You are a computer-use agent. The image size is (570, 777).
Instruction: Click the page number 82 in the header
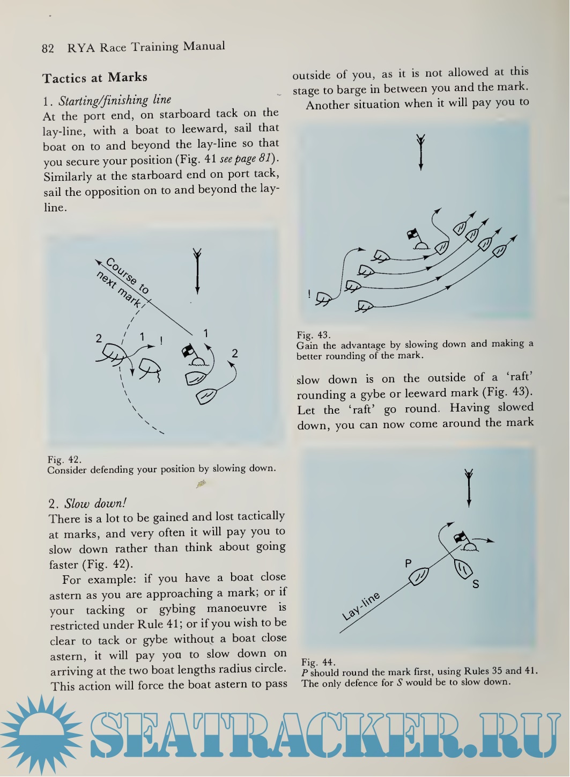coord(48,48)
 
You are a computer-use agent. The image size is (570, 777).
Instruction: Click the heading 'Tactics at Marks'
coord(95,78)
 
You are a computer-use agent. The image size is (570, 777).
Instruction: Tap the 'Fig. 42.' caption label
coord(64,459)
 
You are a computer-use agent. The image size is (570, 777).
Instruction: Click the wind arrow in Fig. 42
coord(197,271)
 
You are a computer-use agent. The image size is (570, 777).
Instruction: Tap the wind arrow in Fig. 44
coord(469,487)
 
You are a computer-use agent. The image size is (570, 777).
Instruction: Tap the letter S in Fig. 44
coord(476,584)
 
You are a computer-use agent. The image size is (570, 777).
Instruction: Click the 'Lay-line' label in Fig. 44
coord(361,606)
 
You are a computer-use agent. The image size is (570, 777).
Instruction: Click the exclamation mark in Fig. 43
coord(309,294)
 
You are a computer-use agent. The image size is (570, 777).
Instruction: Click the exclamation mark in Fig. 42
coord(161,340)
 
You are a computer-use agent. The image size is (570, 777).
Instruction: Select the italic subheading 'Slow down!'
coord(95,503)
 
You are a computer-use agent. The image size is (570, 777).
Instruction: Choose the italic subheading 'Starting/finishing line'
coord(115,100)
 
